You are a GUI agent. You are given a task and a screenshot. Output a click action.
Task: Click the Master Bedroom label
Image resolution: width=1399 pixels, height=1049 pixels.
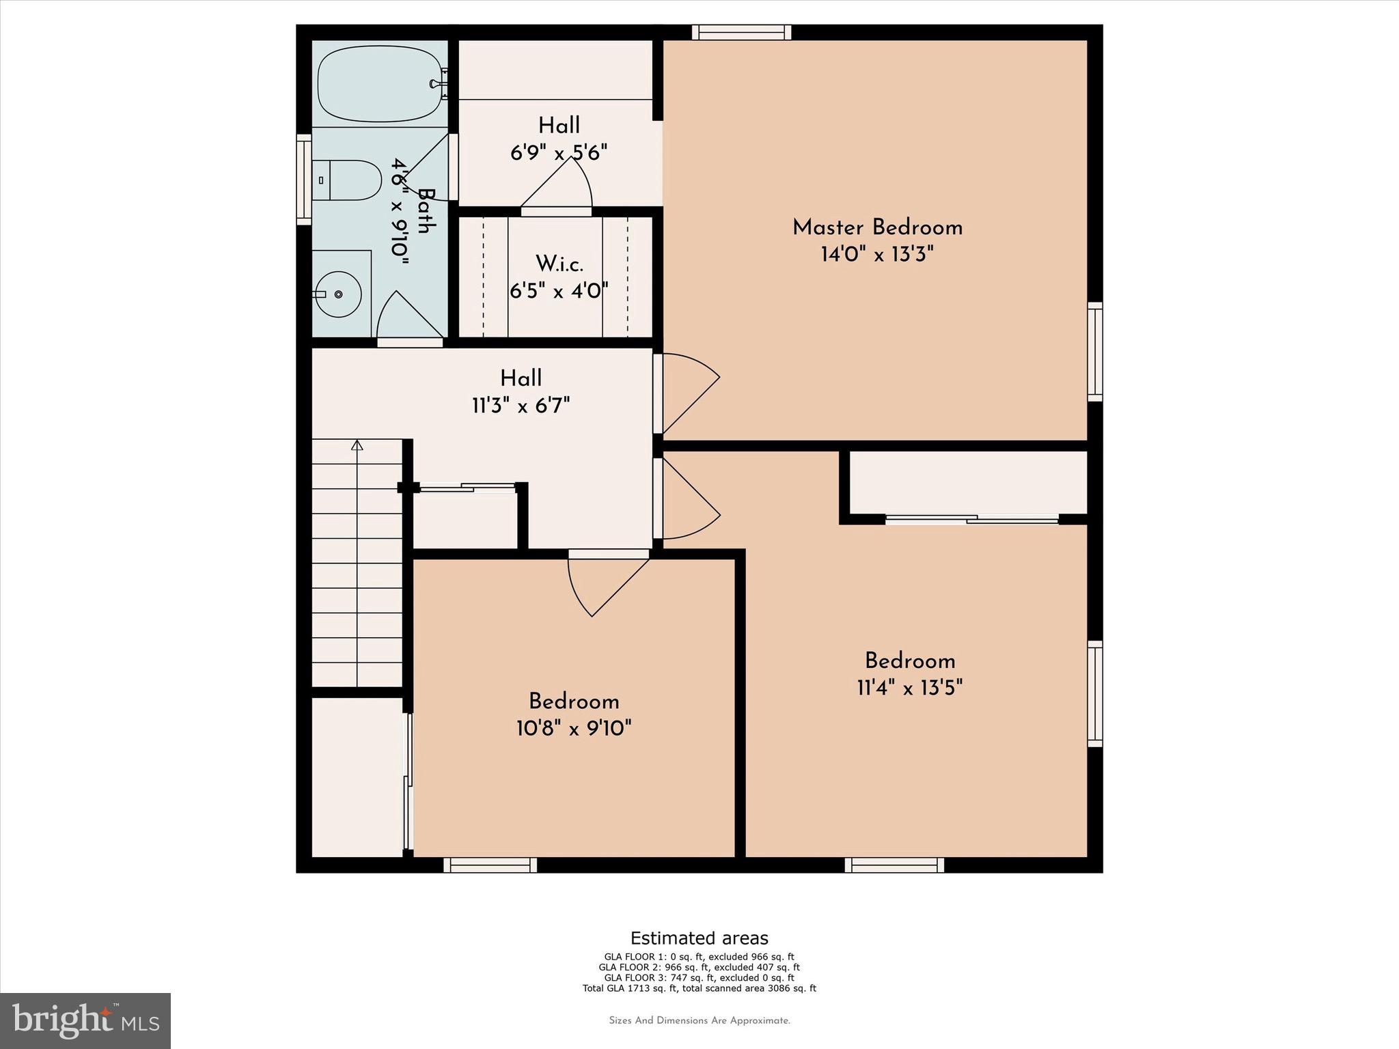877,227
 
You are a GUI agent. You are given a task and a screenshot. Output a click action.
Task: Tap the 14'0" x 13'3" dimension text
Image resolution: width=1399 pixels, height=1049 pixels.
877,255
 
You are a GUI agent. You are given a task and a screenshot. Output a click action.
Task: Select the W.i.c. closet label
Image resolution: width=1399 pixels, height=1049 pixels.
559,263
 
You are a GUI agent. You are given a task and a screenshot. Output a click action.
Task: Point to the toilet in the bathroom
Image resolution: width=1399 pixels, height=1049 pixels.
348,180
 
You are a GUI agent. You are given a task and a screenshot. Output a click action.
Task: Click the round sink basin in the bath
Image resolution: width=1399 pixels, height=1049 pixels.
339,294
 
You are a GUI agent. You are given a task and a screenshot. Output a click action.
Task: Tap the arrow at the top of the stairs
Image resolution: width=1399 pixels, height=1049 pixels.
357,445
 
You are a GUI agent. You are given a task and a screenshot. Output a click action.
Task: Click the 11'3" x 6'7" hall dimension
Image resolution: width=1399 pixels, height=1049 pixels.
521,406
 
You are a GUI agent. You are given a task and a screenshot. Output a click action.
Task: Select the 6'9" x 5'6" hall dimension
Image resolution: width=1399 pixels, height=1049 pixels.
559,152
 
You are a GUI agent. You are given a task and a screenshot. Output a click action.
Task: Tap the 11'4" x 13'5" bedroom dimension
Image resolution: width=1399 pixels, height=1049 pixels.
909,688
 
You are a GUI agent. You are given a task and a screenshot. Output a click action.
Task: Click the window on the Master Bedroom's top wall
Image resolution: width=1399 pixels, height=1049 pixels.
741,32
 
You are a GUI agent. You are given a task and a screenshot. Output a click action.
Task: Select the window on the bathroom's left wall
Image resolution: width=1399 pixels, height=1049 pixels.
303,179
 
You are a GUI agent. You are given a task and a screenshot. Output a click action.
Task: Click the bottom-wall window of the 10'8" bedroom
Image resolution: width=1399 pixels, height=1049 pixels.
490,865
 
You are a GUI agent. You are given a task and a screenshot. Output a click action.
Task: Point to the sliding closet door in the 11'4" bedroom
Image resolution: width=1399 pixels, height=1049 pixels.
971,520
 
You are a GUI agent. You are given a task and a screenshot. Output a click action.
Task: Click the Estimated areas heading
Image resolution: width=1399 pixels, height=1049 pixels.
699,938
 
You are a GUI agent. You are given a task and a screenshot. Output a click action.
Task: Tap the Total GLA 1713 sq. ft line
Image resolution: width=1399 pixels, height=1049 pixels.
699,988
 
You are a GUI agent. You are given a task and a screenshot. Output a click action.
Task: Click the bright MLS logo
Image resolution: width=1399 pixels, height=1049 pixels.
85,1020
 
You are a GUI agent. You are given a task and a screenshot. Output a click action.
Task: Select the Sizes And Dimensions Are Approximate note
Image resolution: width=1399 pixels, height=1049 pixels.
699,1021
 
